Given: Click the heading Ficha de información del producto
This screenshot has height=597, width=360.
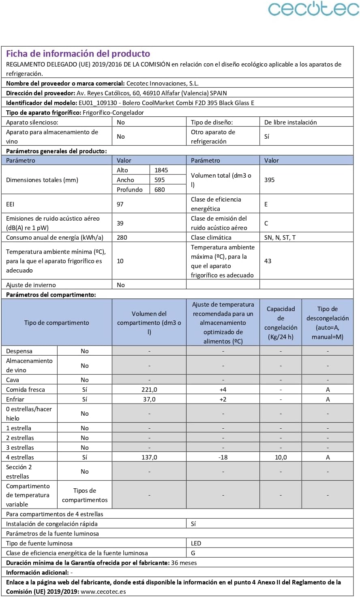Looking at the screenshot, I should (x=78, y=54).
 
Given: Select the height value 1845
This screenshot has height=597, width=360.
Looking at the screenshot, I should (x=161, y=170).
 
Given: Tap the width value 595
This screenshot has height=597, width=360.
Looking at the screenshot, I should (x=160, y=180).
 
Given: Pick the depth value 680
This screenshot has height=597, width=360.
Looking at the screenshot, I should (x=160, y=190).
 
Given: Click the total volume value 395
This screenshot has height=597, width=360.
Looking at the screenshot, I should (x=270, y=180).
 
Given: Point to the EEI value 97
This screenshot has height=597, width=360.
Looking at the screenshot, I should (x=120, y=204).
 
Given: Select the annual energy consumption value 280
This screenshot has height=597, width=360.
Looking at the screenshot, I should (x=122, y=238).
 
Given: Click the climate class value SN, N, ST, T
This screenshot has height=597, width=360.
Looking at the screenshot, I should (x=280, y=238).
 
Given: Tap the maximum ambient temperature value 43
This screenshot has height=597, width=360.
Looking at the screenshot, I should (x=268, y=261).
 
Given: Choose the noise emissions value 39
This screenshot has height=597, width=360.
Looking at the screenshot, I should (x=120, y=223).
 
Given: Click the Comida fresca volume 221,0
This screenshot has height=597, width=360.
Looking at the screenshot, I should (x=149, y=390).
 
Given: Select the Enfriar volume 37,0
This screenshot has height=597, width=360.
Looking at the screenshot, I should (x=149, y=399).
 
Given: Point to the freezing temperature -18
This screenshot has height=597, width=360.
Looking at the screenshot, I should (x=223, y=457).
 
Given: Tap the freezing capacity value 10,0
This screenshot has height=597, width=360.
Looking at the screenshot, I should (x=281, y=457).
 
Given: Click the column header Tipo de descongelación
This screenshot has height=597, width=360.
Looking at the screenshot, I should (x=328, y=323).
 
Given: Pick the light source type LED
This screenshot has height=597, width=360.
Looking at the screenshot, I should (x=196, y=543).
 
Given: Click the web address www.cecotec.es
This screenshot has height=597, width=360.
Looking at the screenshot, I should (x=103, y=592).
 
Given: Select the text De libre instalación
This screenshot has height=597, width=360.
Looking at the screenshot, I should (x=290, y=122).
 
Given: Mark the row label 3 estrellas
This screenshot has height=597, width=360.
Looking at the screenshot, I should (x=20, y=448).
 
